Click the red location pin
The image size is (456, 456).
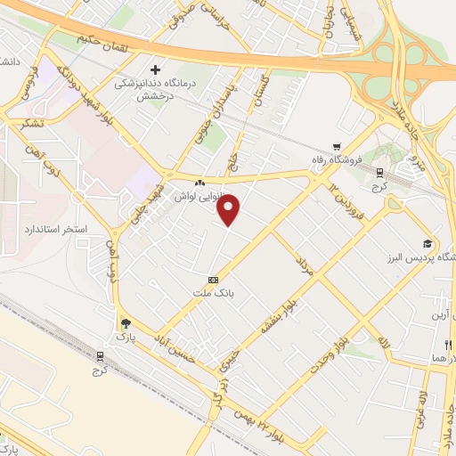230,210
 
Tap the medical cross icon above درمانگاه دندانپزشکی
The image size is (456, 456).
155,69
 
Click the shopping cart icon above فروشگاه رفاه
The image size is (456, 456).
336,148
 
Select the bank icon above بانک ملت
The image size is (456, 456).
212,279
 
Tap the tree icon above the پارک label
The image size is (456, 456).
125,324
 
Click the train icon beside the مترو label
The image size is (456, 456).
379,173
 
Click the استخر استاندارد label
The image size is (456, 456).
56,229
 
